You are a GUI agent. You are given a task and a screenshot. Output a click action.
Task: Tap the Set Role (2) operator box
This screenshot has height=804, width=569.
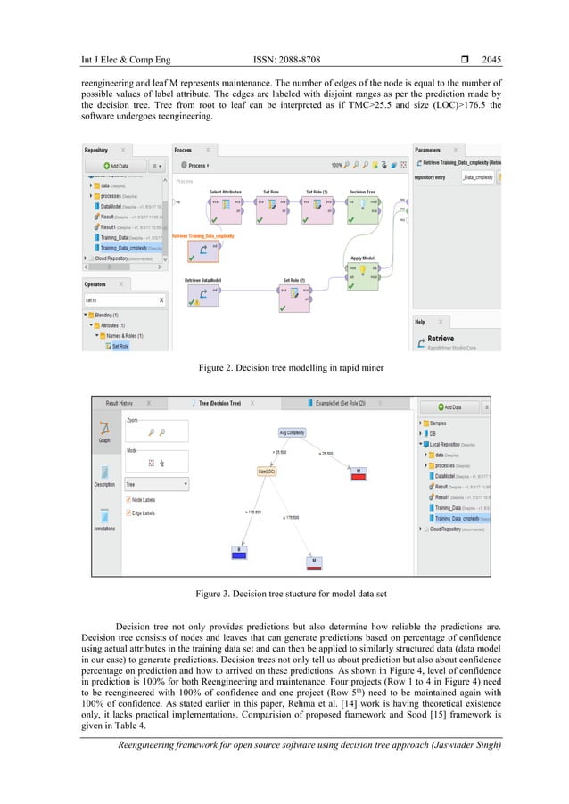point(295,299)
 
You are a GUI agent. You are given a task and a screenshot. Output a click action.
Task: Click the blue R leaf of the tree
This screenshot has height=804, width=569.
point(238,554)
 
